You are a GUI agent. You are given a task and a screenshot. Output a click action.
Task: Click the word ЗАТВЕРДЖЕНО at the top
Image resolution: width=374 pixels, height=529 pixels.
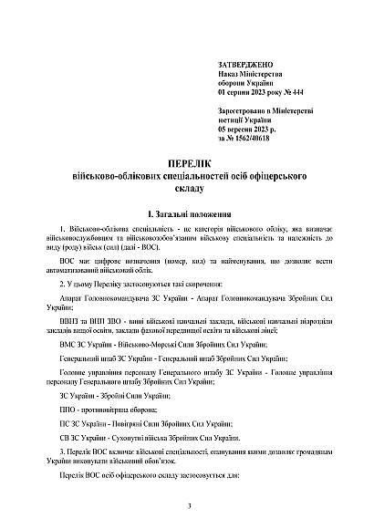pyautogui.click(x=245, y=66)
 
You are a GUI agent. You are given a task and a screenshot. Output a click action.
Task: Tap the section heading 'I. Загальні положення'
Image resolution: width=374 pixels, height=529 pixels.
pyautogui.click(x=186, y=211)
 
